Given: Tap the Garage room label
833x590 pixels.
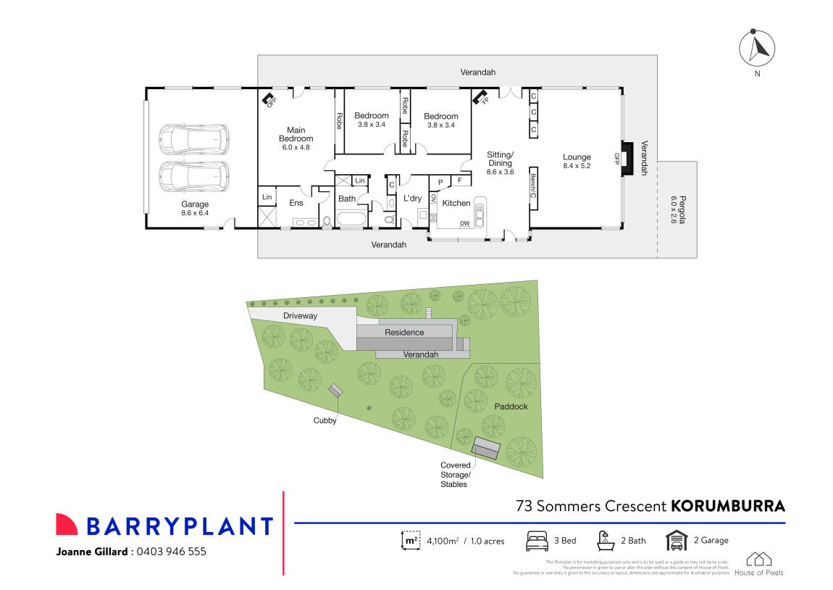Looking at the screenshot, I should (x=195, y=204).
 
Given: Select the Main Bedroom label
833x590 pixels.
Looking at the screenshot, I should (x=296, y=135).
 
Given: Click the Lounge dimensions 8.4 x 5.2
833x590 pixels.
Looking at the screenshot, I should (x=577, y=166).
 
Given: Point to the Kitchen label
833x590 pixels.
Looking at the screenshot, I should (x=456, y=203).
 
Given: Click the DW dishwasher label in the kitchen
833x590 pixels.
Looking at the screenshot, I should (x=464, y=223).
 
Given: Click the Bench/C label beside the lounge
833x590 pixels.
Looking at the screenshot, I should (x=532, y=186).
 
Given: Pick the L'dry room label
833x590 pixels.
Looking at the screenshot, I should (x=412, y=199).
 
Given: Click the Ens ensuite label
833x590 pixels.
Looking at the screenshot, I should (x=296, y=203).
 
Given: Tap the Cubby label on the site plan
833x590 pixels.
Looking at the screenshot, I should (x=325, y=420).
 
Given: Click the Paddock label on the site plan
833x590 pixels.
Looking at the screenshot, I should (x=511, y=407).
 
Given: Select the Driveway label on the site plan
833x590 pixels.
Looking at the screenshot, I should (x=300, y=316).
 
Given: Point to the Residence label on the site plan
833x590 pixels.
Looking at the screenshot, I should (x=404, y=332).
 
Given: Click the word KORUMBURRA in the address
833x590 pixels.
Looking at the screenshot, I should (x=728, y=505).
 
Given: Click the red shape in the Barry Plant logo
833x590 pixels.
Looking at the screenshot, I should (x=67, y=525).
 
